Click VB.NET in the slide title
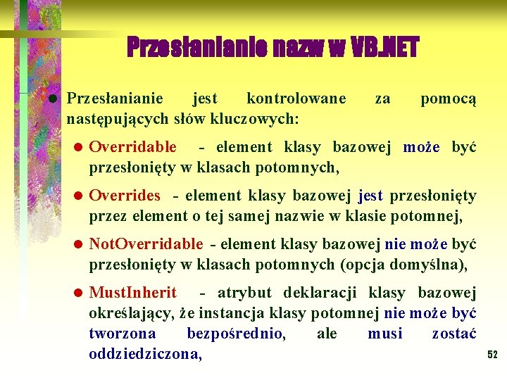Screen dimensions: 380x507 (x=384, y=48)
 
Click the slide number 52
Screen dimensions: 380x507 (x=492, y=355)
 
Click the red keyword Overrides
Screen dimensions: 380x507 (x=125, y=196)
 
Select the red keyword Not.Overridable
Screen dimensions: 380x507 (x=146, y=244)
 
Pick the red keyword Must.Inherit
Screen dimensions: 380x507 (x=133, y=293)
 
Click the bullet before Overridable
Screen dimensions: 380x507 (x=79, y=148)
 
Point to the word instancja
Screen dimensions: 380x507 (x=234, y=312)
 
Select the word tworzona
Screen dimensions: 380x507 (x=123, y=333)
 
